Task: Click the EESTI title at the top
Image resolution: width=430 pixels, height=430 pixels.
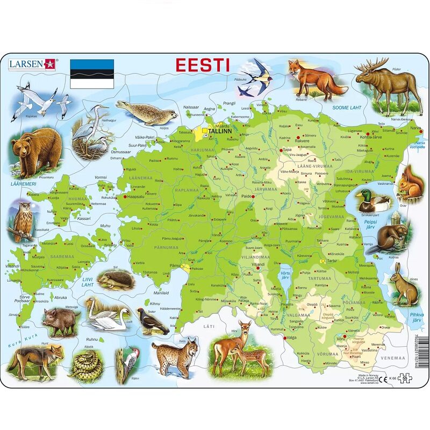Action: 203,65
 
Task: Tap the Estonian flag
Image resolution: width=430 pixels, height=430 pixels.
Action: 92,74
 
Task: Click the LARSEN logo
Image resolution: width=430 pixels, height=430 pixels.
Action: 32,64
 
